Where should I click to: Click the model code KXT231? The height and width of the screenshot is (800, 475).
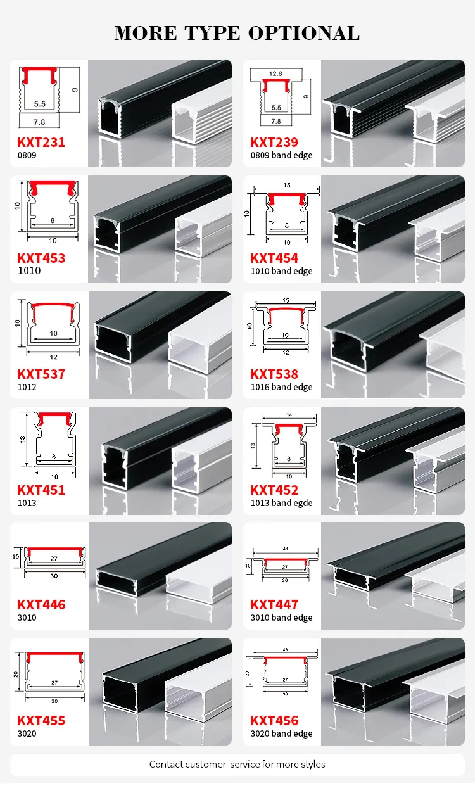click(41, 143)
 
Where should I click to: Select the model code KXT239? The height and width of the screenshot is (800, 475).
click(274, 143)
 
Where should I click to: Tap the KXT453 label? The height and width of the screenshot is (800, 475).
click(41, 258)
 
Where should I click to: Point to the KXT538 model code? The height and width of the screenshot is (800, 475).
click(274, 374)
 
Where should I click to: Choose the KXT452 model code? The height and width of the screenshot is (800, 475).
click(274, 490)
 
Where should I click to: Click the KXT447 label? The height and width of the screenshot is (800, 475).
click(274, 605)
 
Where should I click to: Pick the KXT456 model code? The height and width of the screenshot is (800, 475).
click(274, 721)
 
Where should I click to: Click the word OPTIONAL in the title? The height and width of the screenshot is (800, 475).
click(304, 33)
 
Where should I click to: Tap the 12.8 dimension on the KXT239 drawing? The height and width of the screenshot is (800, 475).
click(275, 73)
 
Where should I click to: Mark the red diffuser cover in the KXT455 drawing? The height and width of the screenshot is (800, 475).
click(56, 657)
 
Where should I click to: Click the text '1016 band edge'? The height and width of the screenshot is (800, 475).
click(281, 388)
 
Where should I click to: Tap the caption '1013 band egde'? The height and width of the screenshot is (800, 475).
click(281, 504)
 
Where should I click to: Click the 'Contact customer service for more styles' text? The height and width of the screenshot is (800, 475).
click(237, 765)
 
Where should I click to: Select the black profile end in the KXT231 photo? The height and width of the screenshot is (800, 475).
click(110, 117)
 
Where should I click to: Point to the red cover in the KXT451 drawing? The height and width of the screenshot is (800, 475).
click(54, 417)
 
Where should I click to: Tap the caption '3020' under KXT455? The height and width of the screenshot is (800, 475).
click(27, 733)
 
